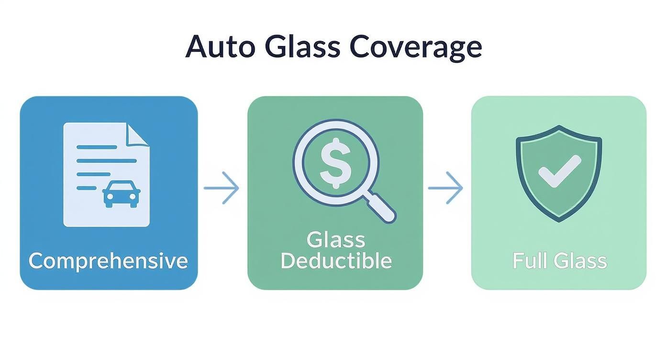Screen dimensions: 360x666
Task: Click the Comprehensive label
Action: tap(108, 261)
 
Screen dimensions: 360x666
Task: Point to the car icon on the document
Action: tap(122, 194)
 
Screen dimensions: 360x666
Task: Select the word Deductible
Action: tap(336, 261)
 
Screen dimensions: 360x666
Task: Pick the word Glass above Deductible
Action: tap(336, 240)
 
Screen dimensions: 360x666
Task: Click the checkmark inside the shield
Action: tap(559, 171)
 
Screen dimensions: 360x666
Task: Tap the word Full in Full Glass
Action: tap(528, 261)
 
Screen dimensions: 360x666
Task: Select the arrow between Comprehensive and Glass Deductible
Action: tap(221, 188)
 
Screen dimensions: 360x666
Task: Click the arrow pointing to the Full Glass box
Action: tap(445, 188)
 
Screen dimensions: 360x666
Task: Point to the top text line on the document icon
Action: tap(97, 147)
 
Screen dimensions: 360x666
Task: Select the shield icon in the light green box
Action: tap(559, 172)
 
